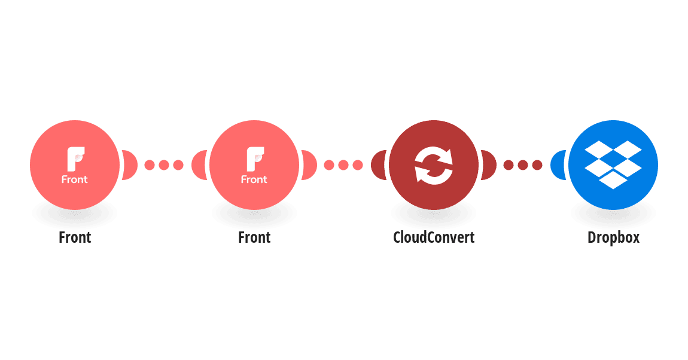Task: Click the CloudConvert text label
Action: [434, 237]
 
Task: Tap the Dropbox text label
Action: [613, 237]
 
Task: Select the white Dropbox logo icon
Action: [613, 165]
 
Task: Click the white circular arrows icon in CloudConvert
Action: [434, 165]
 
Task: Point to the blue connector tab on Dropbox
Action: [558, 165]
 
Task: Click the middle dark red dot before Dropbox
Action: [523, 165]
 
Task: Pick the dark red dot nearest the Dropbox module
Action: [537, 165]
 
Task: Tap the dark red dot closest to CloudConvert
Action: [508, 165]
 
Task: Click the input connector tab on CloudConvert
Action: [378, 165]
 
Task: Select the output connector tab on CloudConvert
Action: [489, 165]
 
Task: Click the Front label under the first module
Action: [75, 237]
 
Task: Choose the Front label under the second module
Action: [254, 237]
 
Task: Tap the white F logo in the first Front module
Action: [75, 159]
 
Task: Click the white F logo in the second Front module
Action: [255, 159]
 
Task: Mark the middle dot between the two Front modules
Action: [164, 165]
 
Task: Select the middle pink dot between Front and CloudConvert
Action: [343, 165]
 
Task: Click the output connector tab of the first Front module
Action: [130, 165]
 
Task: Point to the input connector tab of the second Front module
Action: [199, 165]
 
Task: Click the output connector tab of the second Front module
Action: [309, 165]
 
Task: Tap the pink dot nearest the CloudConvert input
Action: [358, 165]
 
